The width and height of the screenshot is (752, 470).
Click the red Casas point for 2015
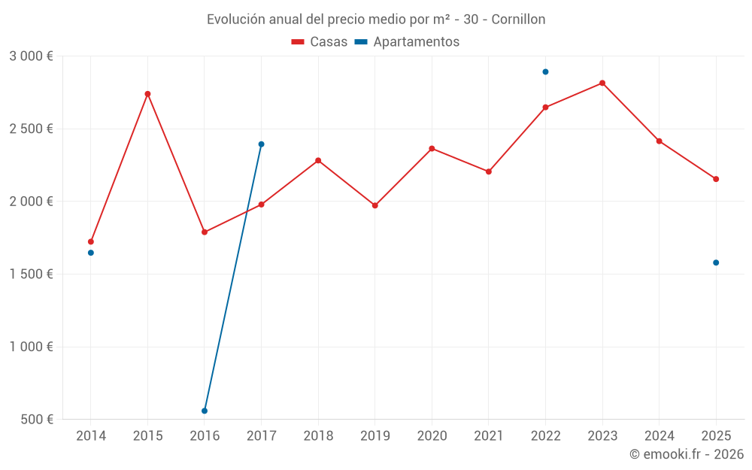pyautogui.click(x=147, y=94)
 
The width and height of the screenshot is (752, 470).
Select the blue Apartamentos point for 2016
pyautogui.click(x=205, y=411)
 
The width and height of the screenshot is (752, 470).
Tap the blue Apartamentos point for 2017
pyautogui.click(x=261, y=144)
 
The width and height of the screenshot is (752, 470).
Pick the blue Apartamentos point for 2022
pyautogui.click(x=545, y=72)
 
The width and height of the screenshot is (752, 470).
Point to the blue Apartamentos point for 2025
pyautogui.click(x=716, y=262)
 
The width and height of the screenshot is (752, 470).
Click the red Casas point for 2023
pyautogui.click(x=602, y=83)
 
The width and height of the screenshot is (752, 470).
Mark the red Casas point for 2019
pyautogui.click(x=375, y=205)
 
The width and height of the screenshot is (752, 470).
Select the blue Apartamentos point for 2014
pyautogui.click(x=91, y=253)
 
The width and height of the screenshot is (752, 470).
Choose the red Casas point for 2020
pyautogui.click(x=432, y=148)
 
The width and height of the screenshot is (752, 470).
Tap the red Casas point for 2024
pyautogui.click(x=660, y=141)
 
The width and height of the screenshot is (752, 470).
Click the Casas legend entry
pyautogui.click(x=320, y=42)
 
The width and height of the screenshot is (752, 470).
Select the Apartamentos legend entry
pyautogui.click(x=407, y=42)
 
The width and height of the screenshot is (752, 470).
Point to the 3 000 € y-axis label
pyautogui.click(x=31, y=56)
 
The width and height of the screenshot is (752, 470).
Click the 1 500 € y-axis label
pyautogui.click(x=31, y=274)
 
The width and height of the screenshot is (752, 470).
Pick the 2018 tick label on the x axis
pyautogui.click(x=318, y=435)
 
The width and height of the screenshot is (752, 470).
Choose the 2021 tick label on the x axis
pyautogui.click(x=489, y=435)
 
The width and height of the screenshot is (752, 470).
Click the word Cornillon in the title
pyautogui.click(x=518, y=19)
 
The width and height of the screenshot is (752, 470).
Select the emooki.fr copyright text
pyautogui.click(x=686, y=454)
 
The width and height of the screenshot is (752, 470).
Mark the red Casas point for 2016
pyautogui.click(x=205, y=232)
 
